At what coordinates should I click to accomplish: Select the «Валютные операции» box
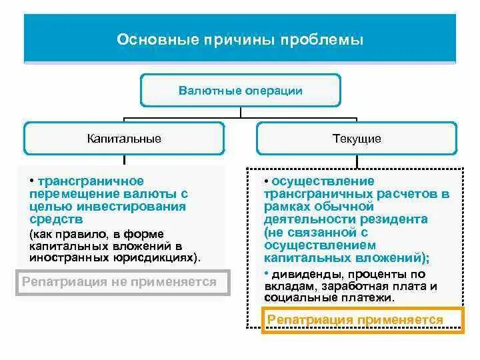click(x=240, y=90)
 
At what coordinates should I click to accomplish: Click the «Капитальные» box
click(x=124, y=139)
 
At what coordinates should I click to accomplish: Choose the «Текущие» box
click(x=357, y=139)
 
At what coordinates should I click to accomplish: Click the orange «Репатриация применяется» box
click(x=355, y=320)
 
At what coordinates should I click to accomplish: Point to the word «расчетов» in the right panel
click(x=411, y=193)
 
